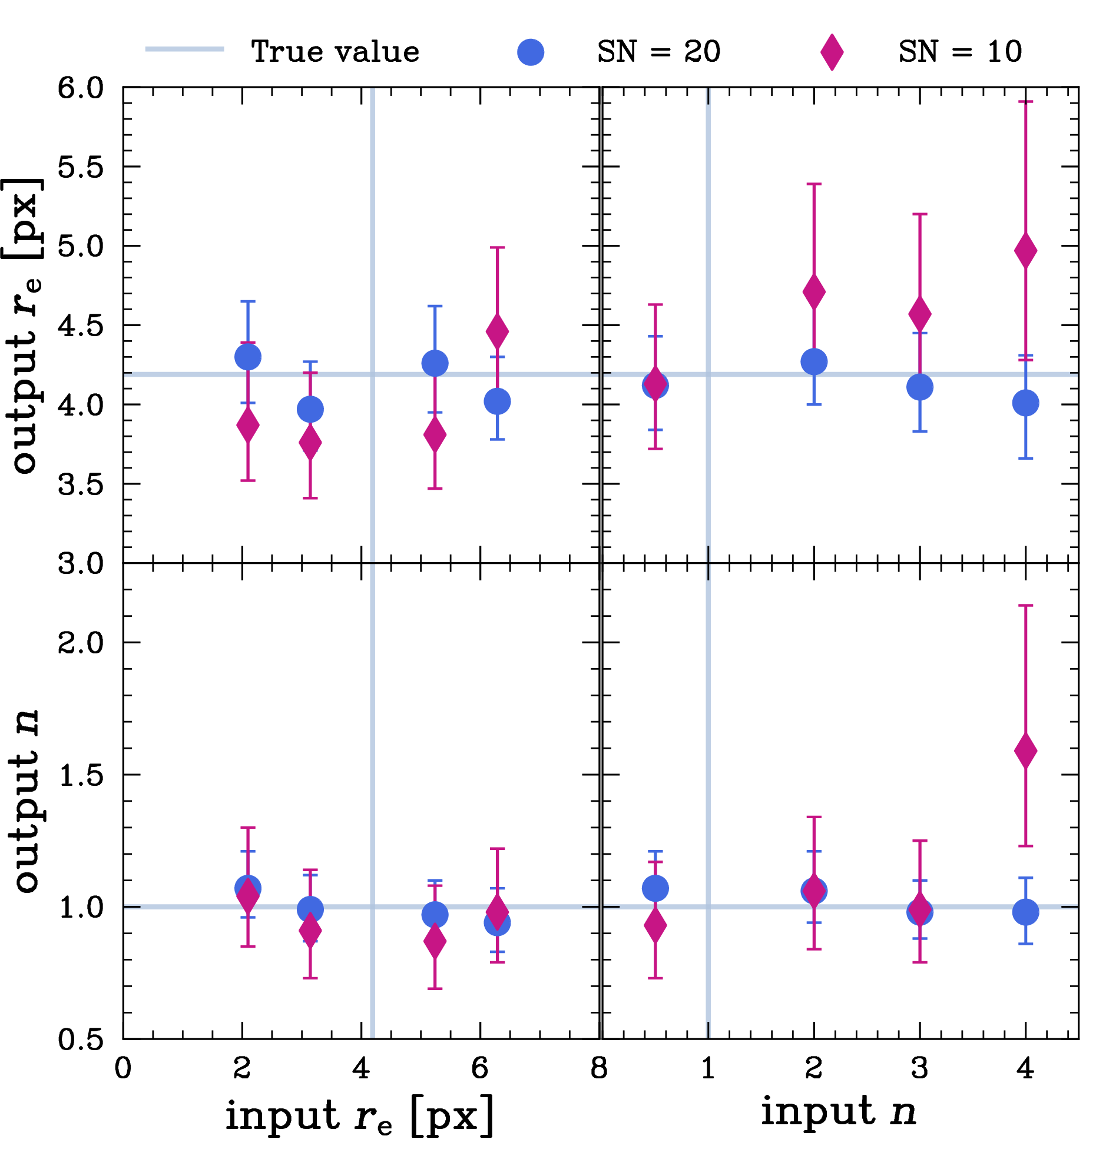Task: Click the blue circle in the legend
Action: [x=530, y=52]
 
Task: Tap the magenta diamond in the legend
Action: [x=832, y=52]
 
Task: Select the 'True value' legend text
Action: [x=335, y=52]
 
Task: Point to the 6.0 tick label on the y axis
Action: [x=81, y=88]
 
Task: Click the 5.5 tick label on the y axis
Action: [x=81, y=167]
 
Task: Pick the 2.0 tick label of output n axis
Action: [x=81, y=642]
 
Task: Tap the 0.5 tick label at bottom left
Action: [x=81, y=1040]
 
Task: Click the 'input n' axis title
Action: [x=839, y=1111]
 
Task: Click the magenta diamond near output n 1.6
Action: [x=1025, y=750]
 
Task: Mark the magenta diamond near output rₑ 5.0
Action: [x=1025, y=251]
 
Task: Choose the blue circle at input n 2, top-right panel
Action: [x=814, y=361]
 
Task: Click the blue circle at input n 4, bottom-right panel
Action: [x=1025, y=912]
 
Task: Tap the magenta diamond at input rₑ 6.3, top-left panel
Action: [x=497, y=331]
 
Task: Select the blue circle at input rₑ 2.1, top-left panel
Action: [x=248, y=357]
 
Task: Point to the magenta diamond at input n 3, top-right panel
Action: [x=919, y=314]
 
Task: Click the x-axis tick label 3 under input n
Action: [x=919, y=1068]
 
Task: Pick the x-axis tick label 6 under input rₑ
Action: [x=480, y=1068]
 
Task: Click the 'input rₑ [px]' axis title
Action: [x=359, y=1116]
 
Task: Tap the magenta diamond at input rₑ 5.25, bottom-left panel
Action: [x=435, y=941]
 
